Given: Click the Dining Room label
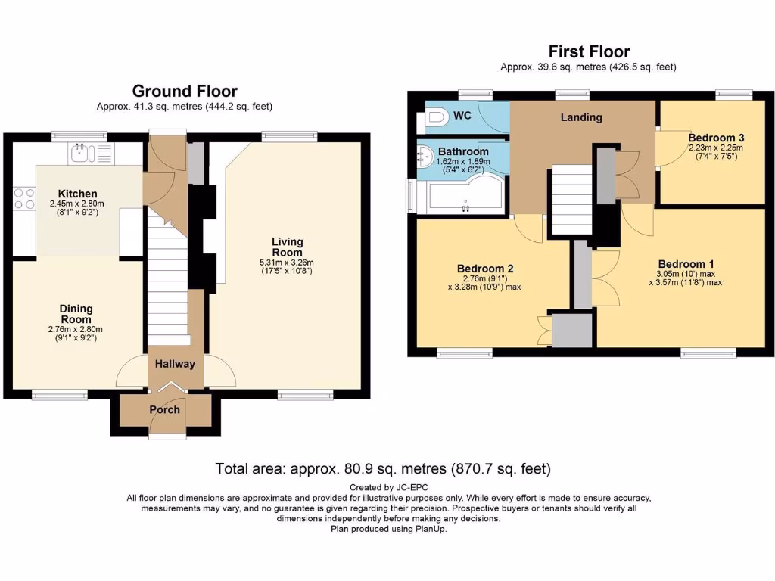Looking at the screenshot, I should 76,313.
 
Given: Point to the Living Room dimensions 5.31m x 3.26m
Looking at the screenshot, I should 287,262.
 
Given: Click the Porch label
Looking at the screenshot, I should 165,410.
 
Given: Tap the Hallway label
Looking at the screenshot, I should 175,364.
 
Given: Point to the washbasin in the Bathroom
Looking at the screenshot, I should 425,157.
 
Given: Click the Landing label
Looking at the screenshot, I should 581,117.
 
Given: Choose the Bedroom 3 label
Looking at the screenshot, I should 716,138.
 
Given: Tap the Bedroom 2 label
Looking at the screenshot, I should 485,269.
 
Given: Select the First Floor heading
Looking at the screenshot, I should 589,51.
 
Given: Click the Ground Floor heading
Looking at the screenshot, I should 185,92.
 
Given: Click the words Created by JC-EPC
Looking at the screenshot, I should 387,487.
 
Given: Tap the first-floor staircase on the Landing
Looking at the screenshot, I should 571,200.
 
